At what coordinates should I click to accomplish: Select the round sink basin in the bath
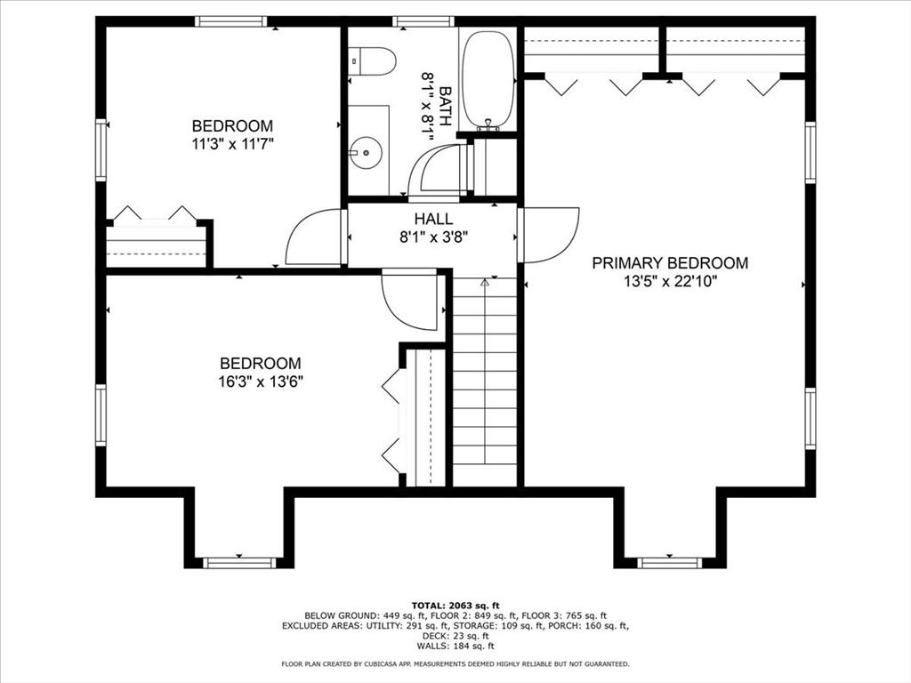tap(366, 152)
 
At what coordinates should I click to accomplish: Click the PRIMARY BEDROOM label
tap(670, 263)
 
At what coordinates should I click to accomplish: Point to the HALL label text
tap(433, 219)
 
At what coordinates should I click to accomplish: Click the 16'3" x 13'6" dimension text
tap(261, 382)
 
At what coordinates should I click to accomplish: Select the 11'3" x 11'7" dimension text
tap(232, 144)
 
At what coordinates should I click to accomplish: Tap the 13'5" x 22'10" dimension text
tap(671, 282)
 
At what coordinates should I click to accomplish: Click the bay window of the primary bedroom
tap(669, 562)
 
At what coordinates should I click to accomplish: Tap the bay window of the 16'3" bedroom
tap(239, 562)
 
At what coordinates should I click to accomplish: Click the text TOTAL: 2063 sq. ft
tap(455, 605)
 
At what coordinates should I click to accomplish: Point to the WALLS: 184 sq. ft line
tap(455, 646)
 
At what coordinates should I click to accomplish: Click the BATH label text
tap(446, 106)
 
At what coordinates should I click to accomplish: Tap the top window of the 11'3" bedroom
tap(231, 21)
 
